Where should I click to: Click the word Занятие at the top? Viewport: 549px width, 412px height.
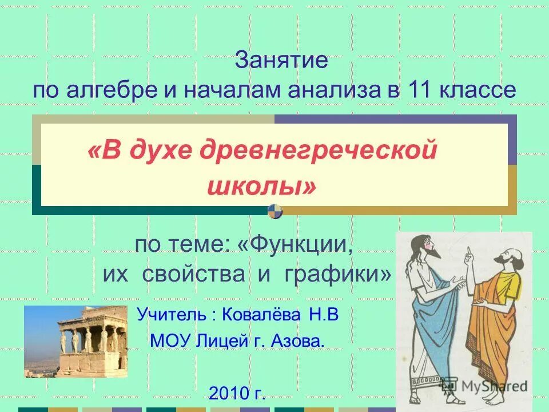(281, 60)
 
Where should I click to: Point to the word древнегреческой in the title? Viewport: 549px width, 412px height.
(314, 151)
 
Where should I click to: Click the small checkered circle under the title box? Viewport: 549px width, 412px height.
(275, 211)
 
